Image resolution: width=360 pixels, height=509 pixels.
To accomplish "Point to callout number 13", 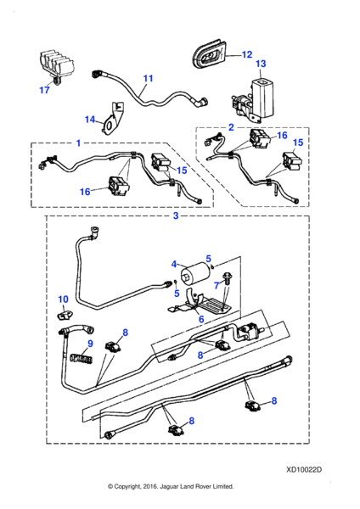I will pyautogui.click(x=261, y=64).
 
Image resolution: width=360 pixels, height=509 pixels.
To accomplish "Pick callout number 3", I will pyautogui.click(x=175, y=216).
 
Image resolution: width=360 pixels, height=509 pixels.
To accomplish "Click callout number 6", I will pyautogui.click(x=200, y=318).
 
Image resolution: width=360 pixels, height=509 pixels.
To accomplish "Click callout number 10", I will pyautogui.click(x=62, y=299).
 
